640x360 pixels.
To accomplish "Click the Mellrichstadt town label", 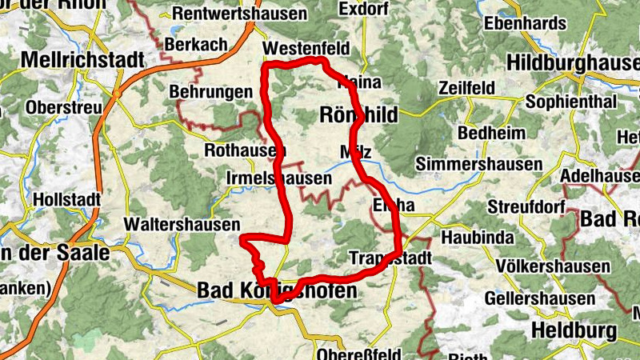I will click(x=82, y=60).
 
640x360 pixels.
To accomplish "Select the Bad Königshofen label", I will click(x=277, y=291).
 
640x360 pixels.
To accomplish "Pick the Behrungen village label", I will click(x=210, y=93).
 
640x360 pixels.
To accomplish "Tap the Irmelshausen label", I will click(x=278, y=178).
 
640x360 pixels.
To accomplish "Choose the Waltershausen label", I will click(x=182, y=225).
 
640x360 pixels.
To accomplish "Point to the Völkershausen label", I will click(x=552, y=266).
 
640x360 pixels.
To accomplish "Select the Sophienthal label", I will click(x=571, y=102).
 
